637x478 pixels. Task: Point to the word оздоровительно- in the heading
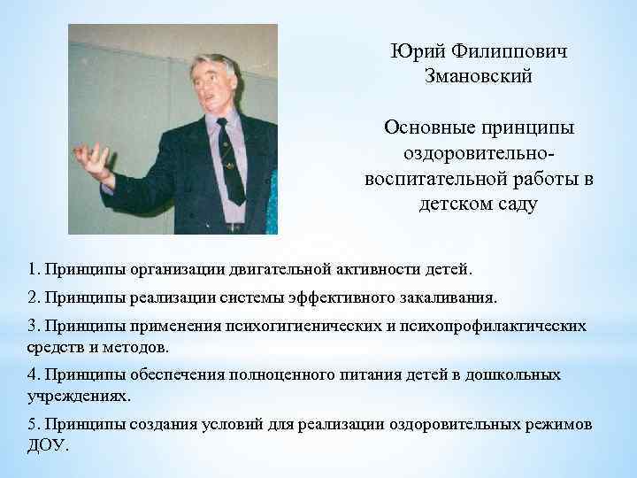pyautogui.click(x=479, y=153)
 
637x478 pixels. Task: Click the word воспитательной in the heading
pyautogui.click(x=434, y=179)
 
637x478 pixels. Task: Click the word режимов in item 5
pyautogui.click(x=559, y=423)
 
